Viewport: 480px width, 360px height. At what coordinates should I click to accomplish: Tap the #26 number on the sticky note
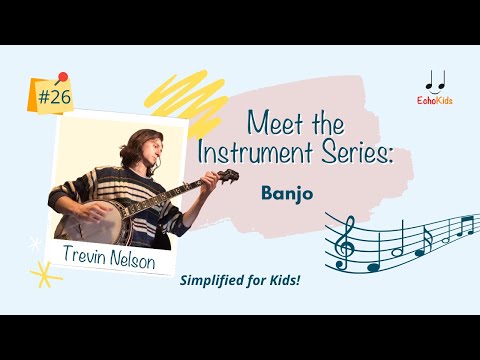54,98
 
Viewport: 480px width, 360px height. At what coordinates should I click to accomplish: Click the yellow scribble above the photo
178,96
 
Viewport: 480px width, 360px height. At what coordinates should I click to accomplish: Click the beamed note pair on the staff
463,226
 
